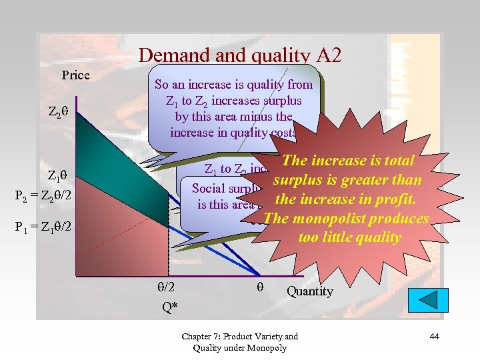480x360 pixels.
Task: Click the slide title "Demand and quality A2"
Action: click(239, 55)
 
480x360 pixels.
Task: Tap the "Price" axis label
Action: click(75, 75)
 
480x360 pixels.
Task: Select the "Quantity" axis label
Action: click(309, 291)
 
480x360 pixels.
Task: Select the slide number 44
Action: click(434, 337)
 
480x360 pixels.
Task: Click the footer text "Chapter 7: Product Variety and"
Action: click(239, 336)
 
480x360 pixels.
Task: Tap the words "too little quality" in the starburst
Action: click(349, 237)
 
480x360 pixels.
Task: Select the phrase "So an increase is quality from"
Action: click(233, 85)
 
